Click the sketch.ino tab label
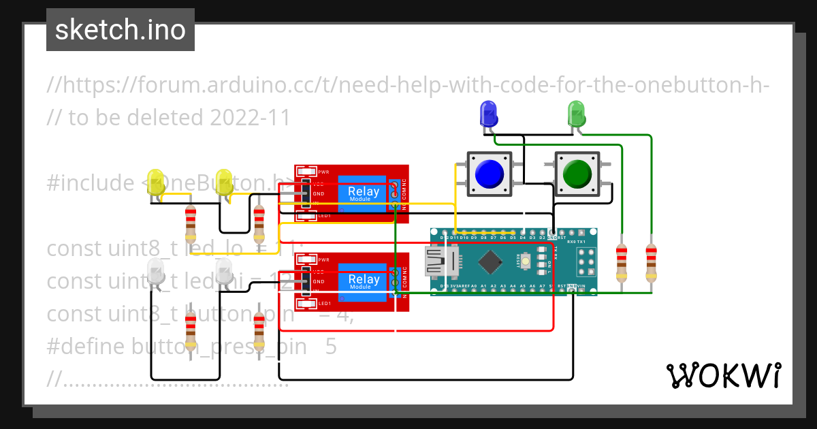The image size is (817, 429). click(x=120, y=30)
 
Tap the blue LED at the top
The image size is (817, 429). click(x=488, y=112)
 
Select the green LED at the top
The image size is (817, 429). click(x=576, y=113)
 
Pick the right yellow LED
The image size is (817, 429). click(x=224, y=182)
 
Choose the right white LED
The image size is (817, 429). click(x=224, y=271)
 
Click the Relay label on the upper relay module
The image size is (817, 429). click(x=364, y=192)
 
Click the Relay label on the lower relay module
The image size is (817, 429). click(x=364, y=280)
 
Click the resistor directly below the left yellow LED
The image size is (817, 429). click(x=191, y=223)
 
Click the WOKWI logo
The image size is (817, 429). click(x=723, y=375)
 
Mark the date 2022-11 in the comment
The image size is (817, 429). click(x=250, y=118)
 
